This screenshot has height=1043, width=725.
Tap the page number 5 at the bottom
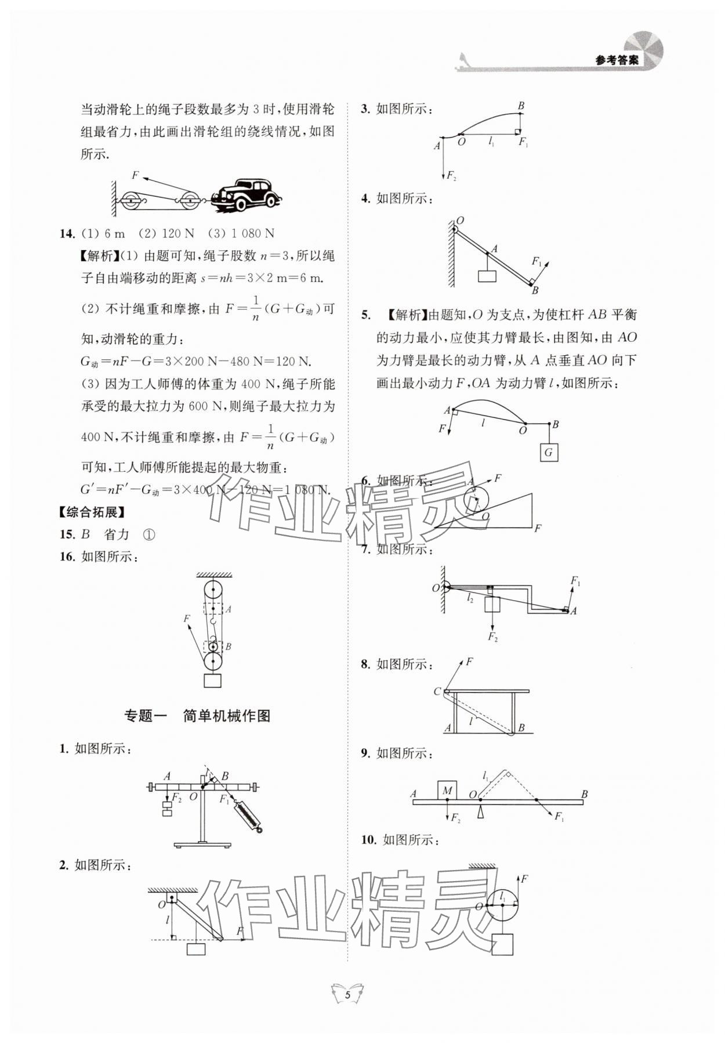pyautogui.click(x=347, y=994)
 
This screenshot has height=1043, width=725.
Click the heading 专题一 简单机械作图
pyautogui.click(x=197, y=716)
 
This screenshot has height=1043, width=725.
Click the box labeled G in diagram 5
pyautogui.click(x=549, y=452)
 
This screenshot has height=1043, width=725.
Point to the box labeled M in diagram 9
pyautogui.click(x=447, y=790)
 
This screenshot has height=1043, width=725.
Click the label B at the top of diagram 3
pyautogui.click(x=521, y=106)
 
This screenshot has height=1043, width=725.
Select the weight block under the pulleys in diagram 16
pyautogui.click(x=213, y=680)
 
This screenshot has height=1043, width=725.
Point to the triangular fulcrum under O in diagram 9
pyautogui.click(x=479, y=812)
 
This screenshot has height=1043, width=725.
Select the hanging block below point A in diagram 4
pyautogui.click(x=487, y=276)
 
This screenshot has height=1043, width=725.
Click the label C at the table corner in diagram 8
pyautogui.click(x=437, y=691)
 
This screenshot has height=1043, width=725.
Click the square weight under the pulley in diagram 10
pyautogui.click(x=502, y=960)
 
